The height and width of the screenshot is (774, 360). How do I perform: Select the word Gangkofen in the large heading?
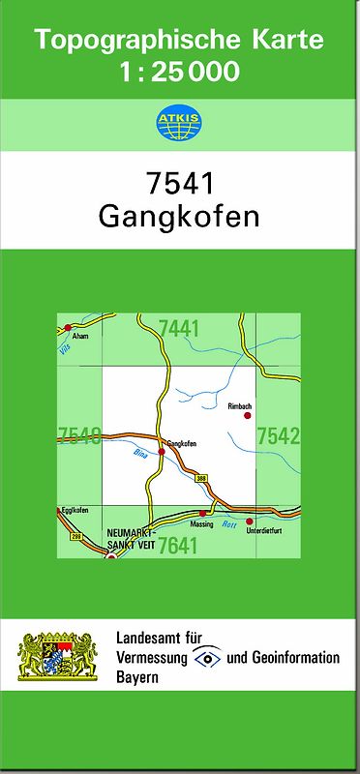click(x=179, y=216)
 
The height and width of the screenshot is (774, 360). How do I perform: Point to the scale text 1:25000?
click(x=179, y=71)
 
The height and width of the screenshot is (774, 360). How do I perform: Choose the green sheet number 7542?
click(x=278, y=436)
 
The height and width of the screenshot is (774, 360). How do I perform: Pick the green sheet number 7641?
click(x=177, y=546)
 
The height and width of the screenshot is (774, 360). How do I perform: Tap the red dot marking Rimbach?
click(x=248, y=415)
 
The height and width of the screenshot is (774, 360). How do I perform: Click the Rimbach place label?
click(x=240, y=405)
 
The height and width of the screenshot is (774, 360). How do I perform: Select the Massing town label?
click(x=201, y=523)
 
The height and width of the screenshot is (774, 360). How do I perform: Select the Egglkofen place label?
click(x=75, y=510)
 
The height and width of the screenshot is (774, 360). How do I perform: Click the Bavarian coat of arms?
click(x=58, y=657)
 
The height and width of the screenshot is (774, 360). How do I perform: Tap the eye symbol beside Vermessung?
click(x=207, y=658)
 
